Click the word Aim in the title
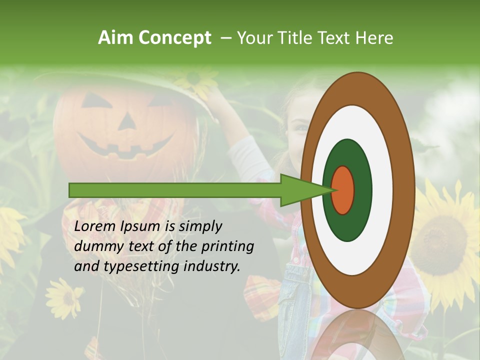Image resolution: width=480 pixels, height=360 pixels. (x=115, y=38)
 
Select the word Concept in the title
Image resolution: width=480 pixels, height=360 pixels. (x=174, y=38)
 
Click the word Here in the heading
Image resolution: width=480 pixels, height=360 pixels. (x=374, y=38)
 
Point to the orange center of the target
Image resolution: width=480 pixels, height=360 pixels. (x=343, y=190)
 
